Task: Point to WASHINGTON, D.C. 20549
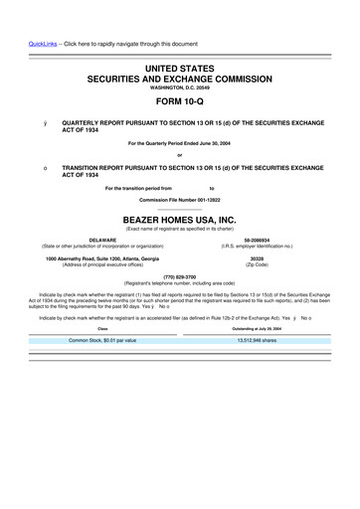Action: pyautogui.click(x=180, y=85)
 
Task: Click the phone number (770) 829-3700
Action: pyautogui.click(x=180, y=275)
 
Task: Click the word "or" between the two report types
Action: pyautogui.click(x=180, y=154)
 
